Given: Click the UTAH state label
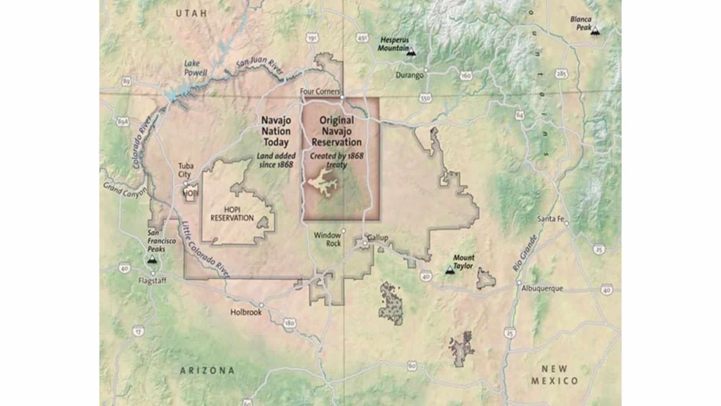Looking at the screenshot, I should pos(191,13).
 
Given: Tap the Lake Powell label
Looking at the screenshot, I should pos(195,68).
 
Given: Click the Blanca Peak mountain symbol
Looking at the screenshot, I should pos(595,31).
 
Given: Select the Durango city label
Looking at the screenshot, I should pos(409,75).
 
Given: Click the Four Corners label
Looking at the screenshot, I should pos(319,91).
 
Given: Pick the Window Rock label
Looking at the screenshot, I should pos(327,239).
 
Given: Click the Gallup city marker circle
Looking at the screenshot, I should pos(365,243).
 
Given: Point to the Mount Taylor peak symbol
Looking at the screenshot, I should pos(449,270).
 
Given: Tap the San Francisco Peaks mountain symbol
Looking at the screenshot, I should pos(152,260).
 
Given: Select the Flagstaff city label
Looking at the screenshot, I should pos(152,281).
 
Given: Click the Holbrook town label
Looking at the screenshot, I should pos(246,312).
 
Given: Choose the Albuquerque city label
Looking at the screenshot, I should pos(542,288).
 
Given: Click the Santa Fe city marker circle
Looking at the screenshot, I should pos(566,223).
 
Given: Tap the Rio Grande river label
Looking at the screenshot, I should pos(525,253).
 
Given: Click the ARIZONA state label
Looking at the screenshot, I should pos(207,371).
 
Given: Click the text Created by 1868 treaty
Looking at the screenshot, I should pos(336,160).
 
